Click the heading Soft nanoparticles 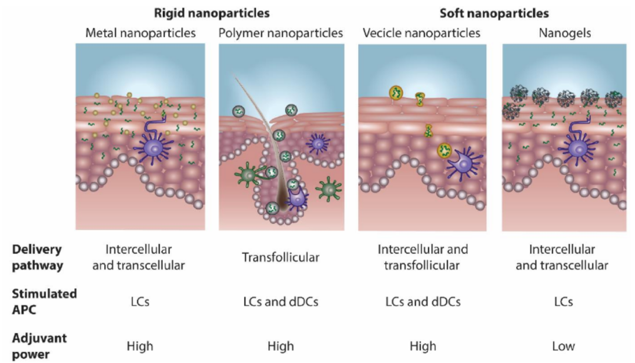point(494,12)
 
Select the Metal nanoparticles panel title point(141,33)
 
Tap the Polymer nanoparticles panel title point(280,33)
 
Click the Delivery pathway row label point(36,257)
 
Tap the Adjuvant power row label point(39,346)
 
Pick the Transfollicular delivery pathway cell point(280,257)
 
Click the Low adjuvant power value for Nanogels point(563,347)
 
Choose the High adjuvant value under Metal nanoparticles point(139,347)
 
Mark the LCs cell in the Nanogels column point(563,302)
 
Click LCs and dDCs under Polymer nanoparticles point(280,302)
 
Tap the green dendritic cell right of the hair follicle point(327,189)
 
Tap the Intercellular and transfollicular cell point(422,257)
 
